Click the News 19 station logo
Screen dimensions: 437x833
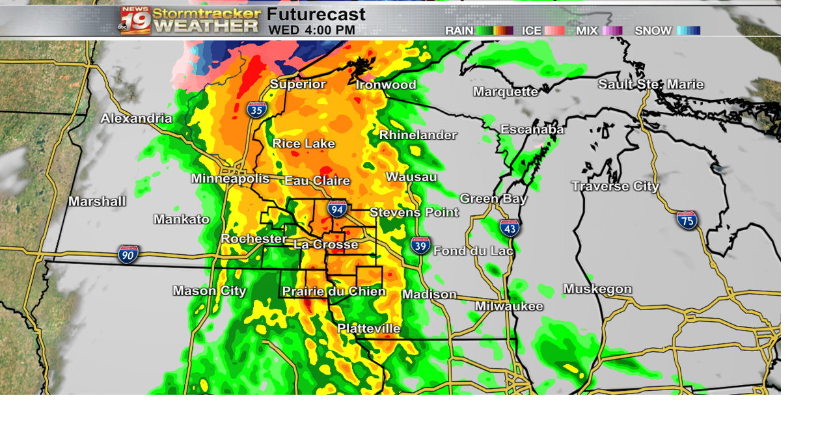coord(135,20)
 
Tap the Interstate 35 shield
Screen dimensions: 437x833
coord(256,109)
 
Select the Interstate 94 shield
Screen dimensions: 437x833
coord(336,208)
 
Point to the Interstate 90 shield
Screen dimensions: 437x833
coord(128,254)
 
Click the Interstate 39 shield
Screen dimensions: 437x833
coord(420,245)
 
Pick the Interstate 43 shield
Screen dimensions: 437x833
coord(510,228)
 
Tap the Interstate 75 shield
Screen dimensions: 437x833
coord(687,220)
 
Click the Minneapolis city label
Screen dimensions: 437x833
coord(230,178)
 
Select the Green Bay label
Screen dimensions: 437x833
coord(493,198)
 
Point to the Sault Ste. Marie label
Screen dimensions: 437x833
coord(651,85)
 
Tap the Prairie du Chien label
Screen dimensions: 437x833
coord(334,291)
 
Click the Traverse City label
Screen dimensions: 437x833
coord(615,187)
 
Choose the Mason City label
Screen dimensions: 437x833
coord(210,291)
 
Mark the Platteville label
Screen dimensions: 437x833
coord(368,328)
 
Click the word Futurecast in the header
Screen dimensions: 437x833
coord(316,14)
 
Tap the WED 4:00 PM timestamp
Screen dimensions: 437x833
coord(312,30)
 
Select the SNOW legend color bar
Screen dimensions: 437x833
coord(689,31)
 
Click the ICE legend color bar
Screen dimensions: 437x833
coord(554,31)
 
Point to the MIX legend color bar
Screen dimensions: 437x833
coord(612,31)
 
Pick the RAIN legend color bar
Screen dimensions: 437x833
coord(495,31)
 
